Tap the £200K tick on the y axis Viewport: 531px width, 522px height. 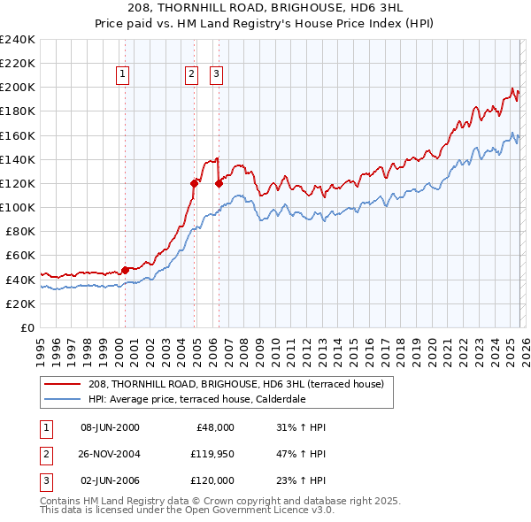click(18, 88)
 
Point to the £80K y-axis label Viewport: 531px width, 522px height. click(19, 231)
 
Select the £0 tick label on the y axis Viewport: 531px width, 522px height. click(27, 327)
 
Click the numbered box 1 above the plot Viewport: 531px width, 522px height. click(122, 75)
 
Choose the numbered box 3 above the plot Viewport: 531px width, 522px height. click(216, 75)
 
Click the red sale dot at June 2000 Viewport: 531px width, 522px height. click(125, 270)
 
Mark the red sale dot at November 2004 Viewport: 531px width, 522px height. click(195, 183)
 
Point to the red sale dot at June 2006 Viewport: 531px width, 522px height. click(219, 183)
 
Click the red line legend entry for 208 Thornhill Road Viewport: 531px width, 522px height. click(235, 384)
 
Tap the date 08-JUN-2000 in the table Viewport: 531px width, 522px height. click(110, 427)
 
